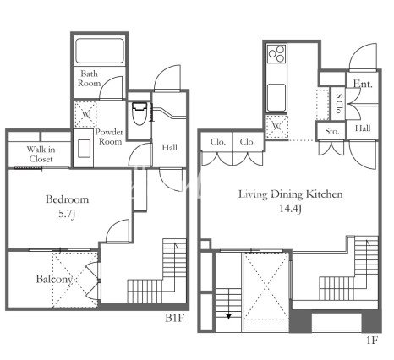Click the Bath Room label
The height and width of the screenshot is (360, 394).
[x=90, y=79]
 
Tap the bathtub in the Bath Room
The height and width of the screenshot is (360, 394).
[x=100, y=51]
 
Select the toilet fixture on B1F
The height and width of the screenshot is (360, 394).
[x=140, y=113]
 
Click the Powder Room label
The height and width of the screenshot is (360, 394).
[x=110, y=137]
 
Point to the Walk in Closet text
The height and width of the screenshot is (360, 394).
[x=41, y=154]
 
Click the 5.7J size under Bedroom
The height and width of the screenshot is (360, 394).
[x=67, y=215]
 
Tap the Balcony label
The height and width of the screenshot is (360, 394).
[x=54, y=279]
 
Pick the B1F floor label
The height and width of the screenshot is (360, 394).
[x=175, y=318]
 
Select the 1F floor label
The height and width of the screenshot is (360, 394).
[x=372, y=340]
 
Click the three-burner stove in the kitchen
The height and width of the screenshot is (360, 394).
[x=276, y=54]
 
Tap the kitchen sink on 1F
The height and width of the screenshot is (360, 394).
[x=276, y=97]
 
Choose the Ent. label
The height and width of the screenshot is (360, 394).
[x=363, y=84]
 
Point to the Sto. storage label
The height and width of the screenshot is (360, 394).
[x=331, y=131]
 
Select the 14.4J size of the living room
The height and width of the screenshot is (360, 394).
[x=291, y=209]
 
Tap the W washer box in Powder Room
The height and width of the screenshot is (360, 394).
[x=85, y=114]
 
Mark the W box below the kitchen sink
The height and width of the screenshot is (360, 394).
[x=277, y=127]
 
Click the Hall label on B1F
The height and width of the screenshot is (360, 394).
[x=169, y=147]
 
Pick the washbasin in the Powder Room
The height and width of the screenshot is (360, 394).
[x=84, y=148]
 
